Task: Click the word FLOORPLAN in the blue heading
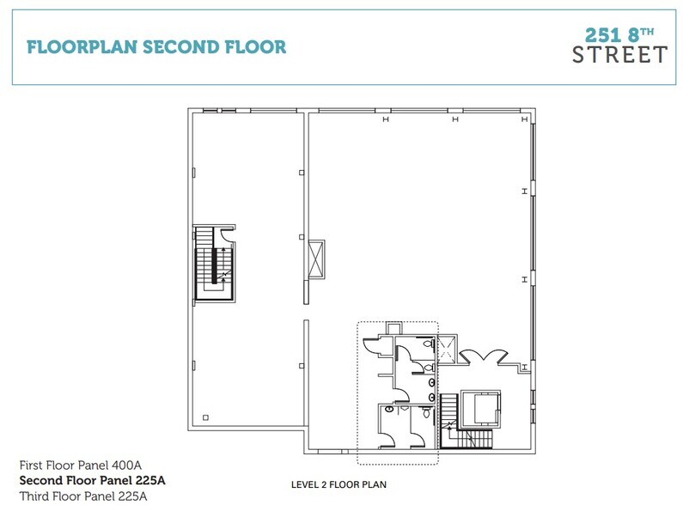tap(82, 47)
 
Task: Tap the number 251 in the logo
tap(602, 35)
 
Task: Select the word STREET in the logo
tap(619, 55)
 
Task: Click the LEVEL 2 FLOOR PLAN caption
tap(338, 484)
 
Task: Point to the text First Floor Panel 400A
tap(81, 465)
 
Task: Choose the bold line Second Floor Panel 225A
tap(92, 480)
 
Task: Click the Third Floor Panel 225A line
tap(83, 496)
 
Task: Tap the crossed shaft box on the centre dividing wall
tap(316, 259)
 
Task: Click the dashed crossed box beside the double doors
tap(448, 349)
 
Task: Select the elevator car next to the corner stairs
tap(486, 407)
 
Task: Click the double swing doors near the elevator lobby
tap(484, 357)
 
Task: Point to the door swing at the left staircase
tap(227, 234)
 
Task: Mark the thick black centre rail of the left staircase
tap(214, 266)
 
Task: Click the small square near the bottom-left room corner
tap(205, 417)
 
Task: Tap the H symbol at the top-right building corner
tap(524, 119)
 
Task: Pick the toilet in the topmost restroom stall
tap(429, 344)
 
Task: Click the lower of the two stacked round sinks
tap(431, 397)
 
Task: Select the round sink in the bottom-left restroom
tap(389, 409)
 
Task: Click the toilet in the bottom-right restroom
tap(426, 412)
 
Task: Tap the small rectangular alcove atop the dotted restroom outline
tap(394, 328)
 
